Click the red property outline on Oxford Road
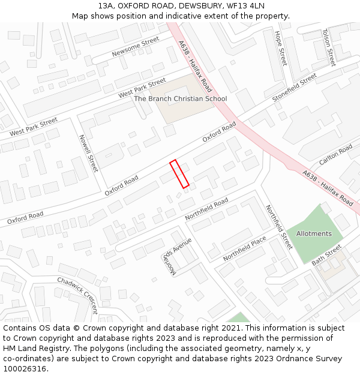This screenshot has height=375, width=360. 179,174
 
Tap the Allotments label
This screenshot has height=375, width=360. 314,233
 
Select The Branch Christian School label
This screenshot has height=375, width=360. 180,98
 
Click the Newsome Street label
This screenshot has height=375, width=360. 136,47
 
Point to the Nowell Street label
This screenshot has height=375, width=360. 88,153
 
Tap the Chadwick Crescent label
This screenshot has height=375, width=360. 78,295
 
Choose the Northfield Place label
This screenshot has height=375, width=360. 244,248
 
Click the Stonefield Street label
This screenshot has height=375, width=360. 294,88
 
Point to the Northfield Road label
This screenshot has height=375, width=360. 206,208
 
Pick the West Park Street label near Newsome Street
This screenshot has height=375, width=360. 142,88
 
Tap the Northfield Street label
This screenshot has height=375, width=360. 278,226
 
